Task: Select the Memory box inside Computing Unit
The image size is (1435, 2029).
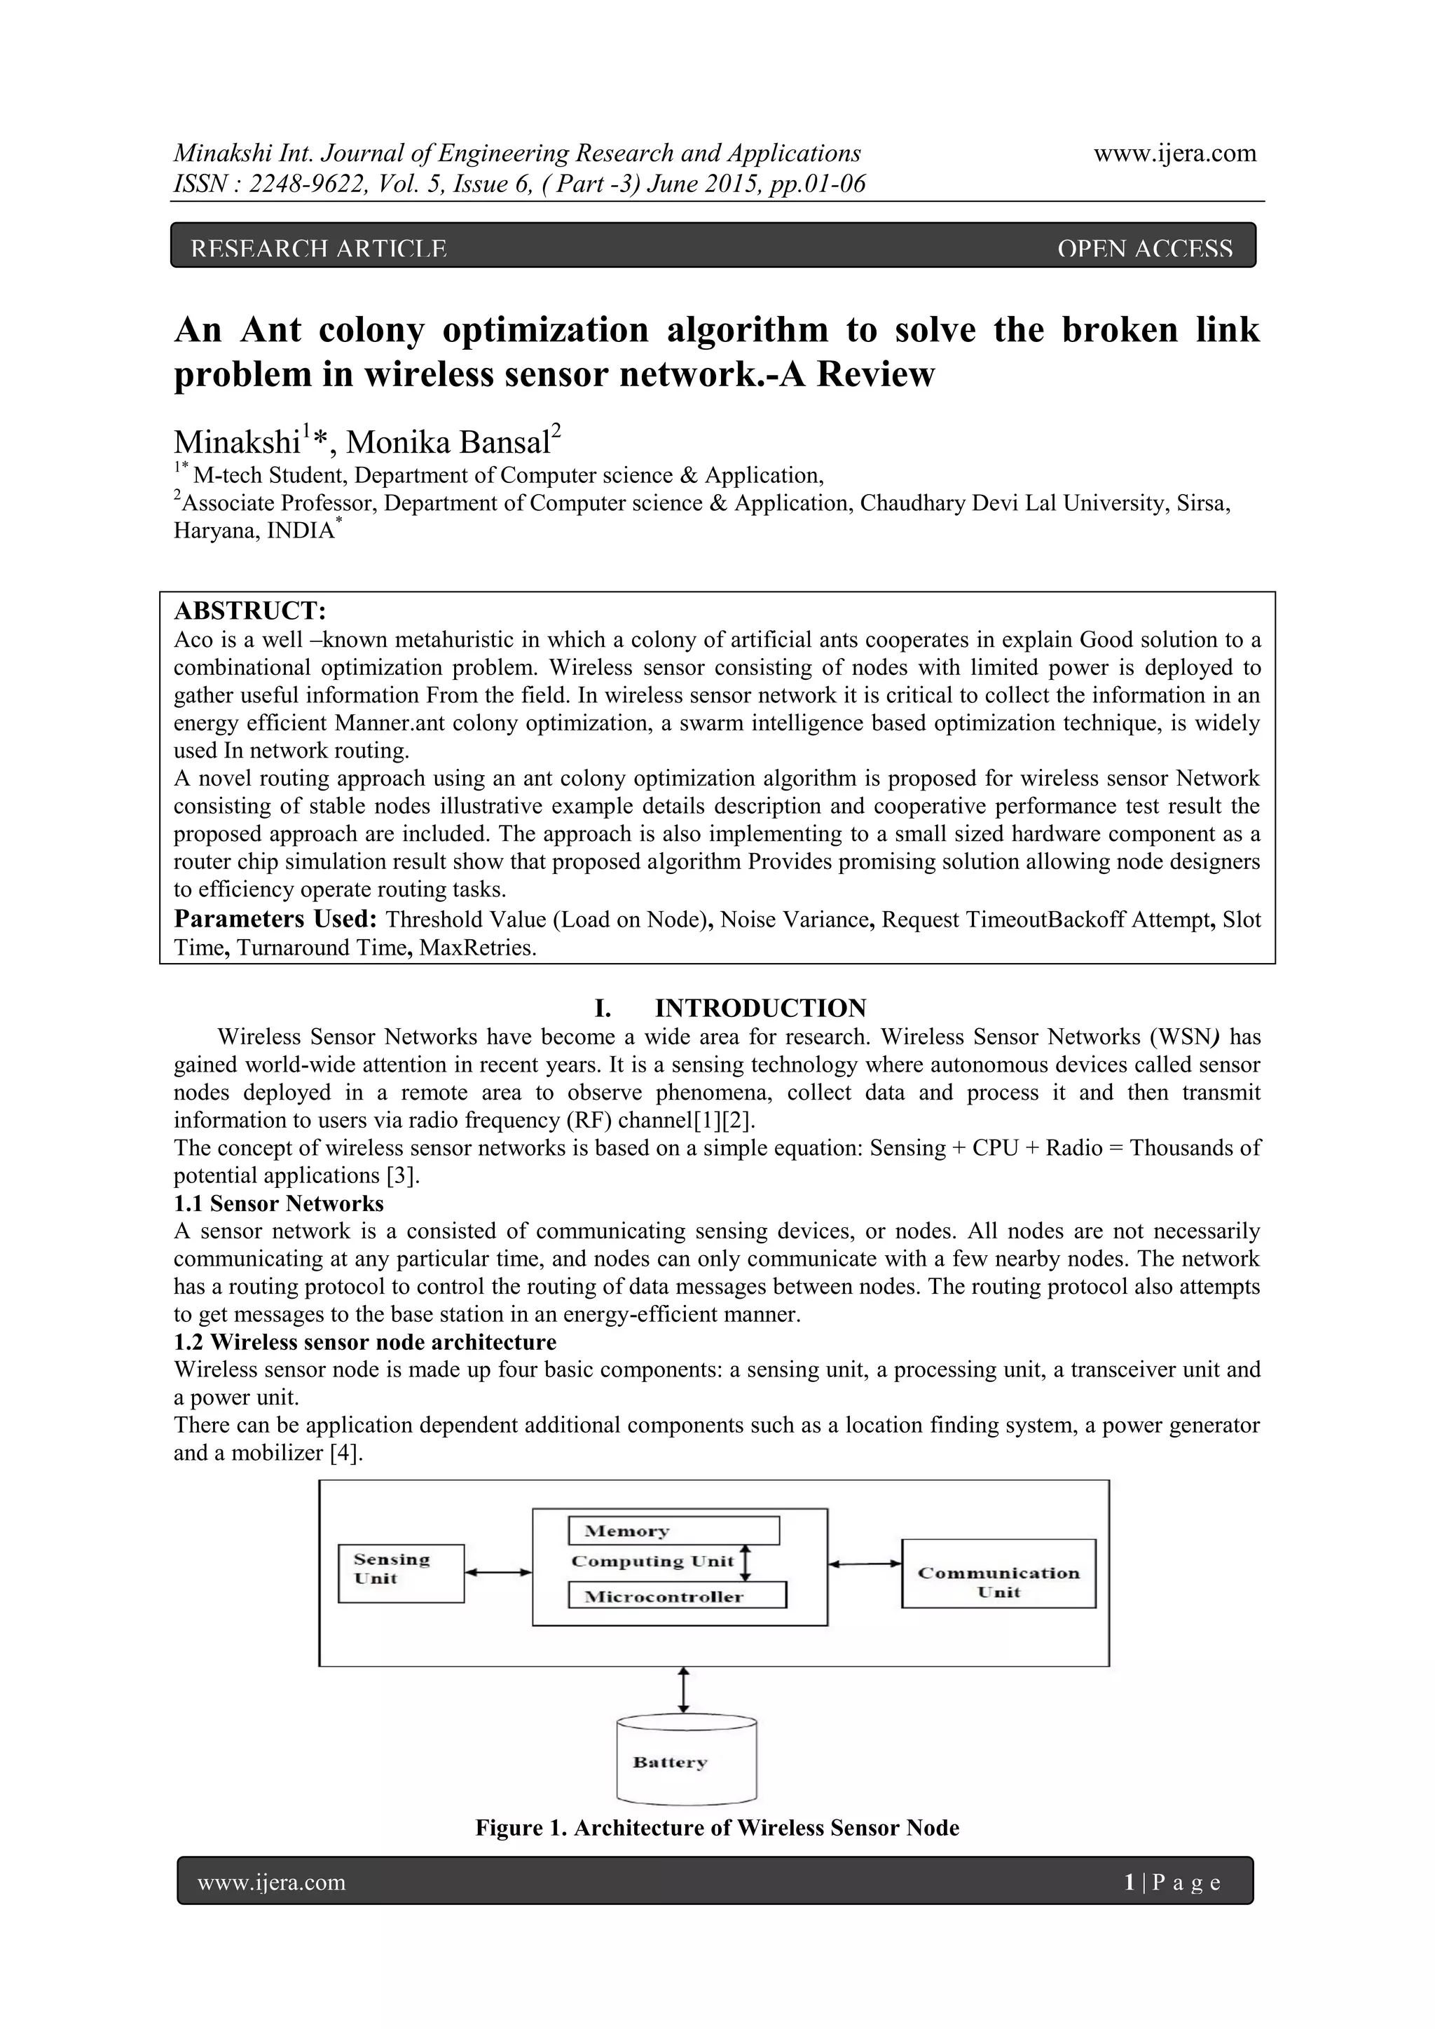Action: tap(673, 1531)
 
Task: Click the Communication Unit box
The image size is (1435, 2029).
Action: tap(998, 1573)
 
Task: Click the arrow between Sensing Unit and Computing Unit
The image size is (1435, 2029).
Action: tap(497, 1572)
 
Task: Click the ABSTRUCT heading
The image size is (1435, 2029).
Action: tap(250, 610)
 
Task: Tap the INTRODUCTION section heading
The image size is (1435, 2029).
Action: tap(760, 1007)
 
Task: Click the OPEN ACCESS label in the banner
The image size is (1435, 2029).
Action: tap(1144, 250)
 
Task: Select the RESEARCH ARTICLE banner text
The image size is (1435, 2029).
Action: tap(319, 250)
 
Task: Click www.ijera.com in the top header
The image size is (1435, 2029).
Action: tap(1174, 153)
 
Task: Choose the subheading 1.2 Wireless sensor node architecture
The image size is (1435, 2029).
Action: tap(365, 1342)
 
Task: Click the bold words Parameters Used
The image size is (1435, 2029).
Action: tap(275, 919)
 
